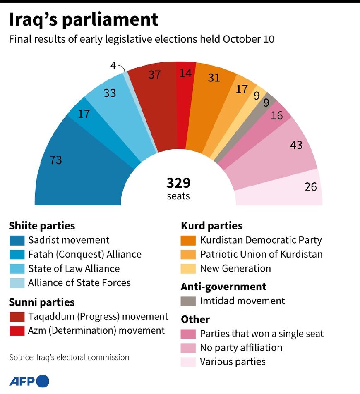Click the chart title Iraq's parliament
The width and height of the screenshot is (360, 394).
[84, 20]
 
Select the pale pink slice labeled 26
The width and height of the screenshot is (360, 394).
[290, 190]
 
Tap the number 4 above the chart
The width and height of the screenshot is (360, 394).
[113, 65]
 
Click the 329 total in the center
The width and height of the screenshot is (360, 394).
[178, 183]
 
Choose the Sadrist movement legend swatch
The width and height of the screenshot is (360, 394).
[16, 240]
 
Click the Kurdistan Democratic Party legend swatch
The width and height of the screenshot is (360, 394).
[188, 240]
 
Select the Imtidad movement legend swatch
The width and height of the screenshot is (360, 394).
[188, 301]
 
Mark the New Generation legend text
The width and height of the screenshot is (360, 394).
[235, 268]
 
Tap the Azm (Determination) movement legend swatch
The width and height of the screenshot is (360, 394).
[16, 331]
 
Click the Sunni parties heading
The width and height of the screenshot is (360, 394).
[42, 302]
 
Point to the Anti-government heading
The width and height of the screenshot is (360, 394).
[223, 287]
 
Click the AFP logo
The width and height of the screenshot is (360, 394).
[29, 381]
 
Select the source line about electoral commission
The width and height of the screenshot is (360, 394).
[69, 357]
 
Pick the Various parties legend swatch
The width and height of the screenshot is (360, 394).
[188, 362]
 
